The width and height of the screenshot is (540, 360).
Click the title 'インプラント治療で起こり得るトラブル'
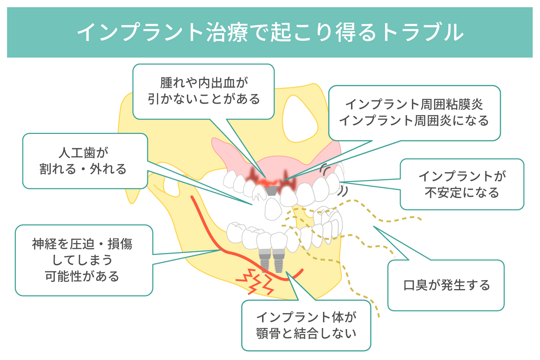(x=270, y=32)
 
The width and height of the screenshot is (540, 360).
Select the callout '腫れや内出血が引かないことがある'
(x=204, y=91)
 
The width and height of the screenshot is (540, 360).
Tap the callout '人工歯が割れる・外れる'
(x=85, y=161)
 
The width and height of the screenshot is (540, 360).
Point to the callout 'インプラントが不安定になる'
(x=462, y=184)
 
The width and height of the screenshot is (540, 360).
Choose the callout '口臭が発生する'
(x=446, y=285)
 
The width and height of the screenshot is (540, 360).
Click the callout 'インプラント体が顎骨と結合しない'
(x=306, y=325)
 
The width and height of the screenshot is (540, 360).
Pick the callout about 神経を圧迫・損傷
(x=84, y=260)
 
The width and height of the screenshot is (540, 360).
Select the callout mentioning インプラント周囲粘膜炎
(x=414, y=113)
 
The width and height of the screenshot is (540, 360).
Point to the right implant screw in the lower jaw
(x=278, y=261)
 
